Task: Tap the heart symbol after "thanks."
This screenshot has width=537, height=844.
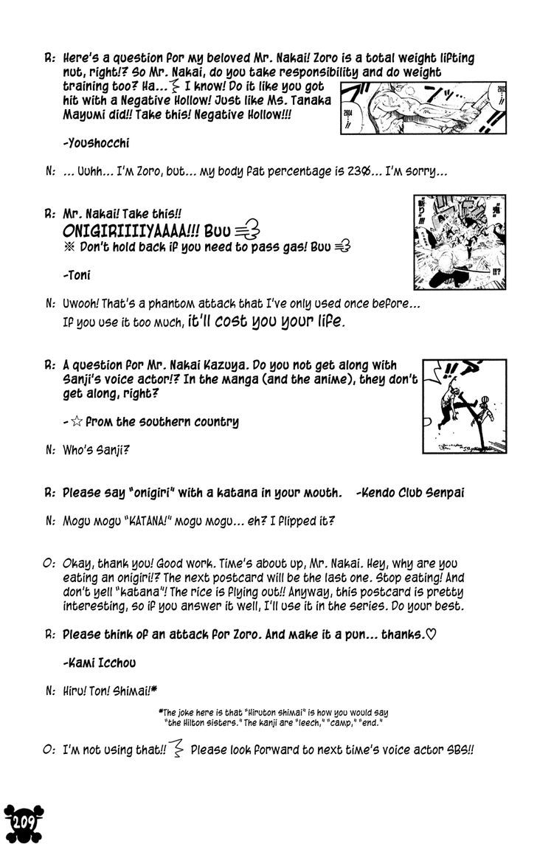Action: tap(432, 634)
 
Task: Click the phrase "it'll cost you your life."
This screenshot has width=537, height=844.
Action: tap(266, 322)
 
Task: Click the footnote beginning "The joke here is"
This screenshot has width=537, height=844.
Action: tap(273, 718)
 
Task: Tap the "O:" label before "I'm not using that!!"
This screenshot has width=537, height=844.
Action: tap(50, 750)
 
